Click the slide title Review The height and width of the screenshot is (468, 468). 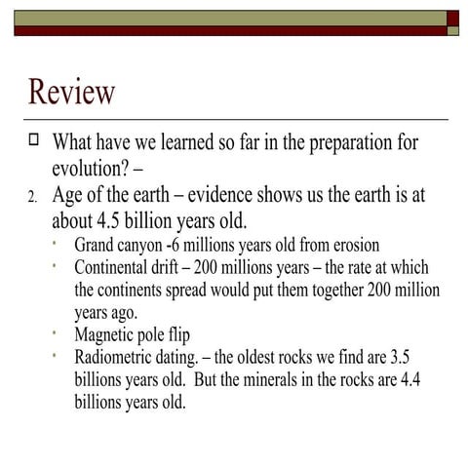point(72,93)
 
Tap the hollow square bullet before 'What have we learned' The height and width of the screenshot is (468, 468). point(33,140)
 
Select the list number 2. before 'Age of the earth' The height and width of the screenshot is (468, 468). point(32,198)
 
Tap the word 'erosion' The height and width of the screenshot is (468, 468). point(351,245)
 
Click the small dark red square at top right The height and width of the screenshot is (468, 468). point(453,18)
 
